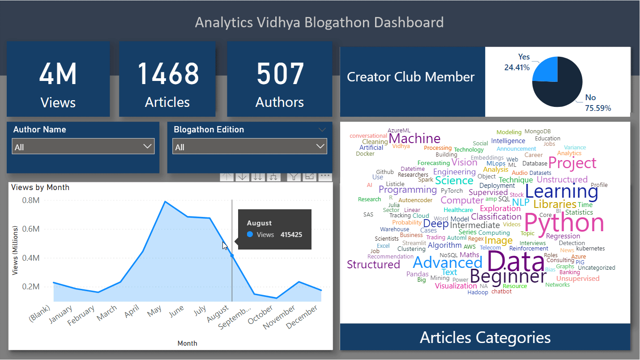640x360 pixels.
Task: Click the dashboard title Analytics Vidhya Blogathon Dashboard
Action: coord(319,22)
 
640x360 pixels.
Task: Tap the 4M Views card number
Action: coord(58,74)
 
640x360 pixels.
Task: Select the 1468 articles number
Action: coord(168,74)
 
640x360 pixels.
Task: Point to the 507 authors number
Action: coord(280,74)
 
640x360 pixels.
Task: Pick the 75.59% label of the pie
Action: coord(598,108)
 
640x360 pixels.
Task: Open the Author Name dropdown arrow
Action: coord(147,146)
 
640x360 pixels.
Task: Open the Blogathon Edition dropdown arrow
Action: coord(320,146)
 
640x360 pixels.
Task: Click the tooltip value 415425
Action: coord(291,234)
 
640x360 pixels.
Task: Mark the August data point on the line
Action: coord(232,256)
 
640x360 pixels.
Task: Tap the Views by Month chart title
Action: coord(40,187)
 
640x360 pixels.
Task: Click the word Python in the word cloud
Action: coord(564,223)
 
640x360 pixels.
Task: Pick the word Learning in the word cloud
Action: coord(561,191)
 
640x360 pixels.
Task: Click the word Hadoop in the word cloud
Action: coord(478,292)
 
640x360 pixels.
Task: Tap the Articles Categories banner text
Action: coord(485,337)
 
